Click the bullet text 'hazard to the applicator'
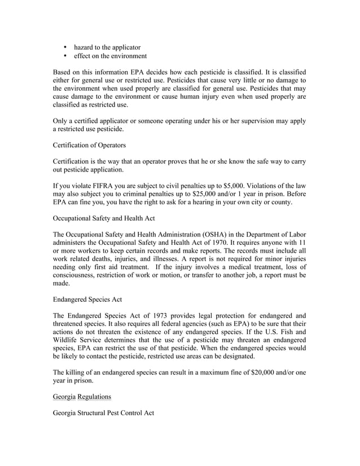pyautogui.click(x=107, y=47)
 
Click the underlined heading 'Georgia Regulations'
pyautogui.click(x=82, y=397)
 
